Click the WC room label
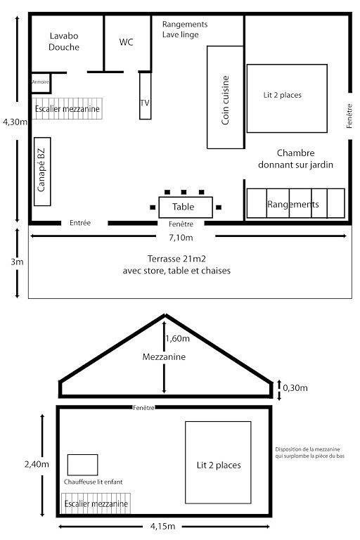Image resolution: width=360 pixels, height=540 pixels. coord(126,42)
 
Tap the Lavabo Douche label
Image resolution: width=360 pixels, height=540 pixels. coord(64,41)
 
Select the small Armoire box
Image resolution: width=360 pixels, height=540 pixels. coord(41,83)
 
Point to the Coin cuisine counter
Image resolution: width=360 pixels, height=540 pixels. coord(225,98)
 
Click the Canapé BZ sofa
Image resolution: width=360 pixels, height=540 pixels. coord(42,171)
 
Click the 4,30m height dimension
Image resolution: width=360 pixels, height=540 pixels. coord(15,122)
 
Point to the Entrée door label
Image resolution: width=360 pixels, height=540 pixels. coord(80,223)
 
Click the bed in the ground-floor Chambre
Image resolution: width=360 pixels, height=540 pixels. coord(287,98)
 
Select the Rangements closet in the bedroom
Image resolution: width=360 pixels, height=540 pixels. coord(295,204)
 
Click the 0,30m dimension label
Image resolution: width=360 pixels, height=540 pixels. coord(295,387)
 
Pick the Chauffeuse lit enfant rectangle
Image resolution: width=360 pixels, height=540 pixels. coord(82,464)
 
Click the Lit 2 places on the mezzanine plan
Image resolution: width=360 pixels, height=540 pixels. coord(218,465)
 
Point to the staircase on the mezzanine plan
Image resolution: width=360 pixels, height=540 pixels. coord(95,504)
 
